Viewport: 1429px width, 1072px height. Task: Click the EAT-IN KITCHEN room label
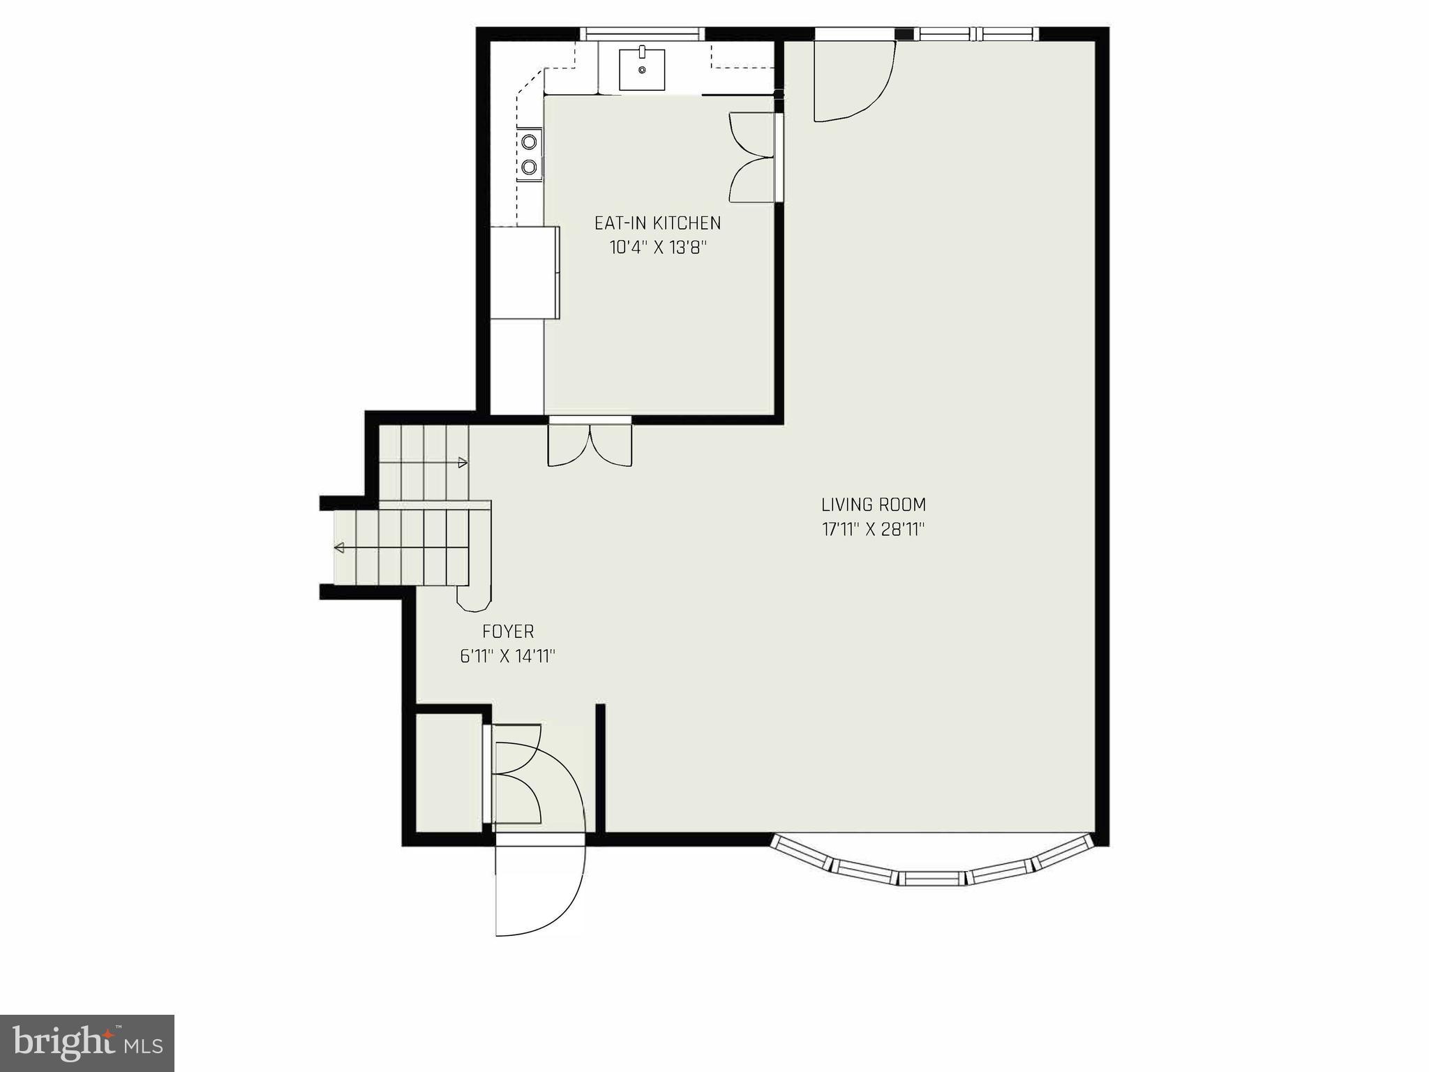[657, 223]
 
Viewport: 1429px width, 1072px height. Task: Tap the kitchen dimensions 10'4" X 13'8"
[658, 248]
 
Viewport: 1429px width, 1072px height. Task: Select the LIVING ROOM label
[873, 505]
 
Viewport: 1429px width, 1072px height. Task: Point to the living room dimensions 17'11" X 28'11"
[873, 530]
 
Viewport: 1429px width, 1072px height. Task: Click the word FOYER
[508, 632]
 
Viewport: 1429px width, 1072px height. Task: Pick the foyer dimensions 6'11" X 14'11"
[508, 657]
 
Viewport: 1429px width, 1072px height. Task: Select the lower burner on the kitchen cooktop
[530, 167]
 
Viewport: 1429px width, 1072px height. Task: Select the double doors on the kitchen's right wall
[754, 158]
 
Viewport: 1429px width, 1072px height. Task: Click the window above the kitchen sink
[642, 33]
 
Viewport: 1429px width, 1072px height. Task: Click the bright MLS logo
[87, 1043]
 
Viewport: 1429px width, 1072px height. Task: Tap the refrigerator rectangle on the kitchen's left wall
[525, 272]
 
